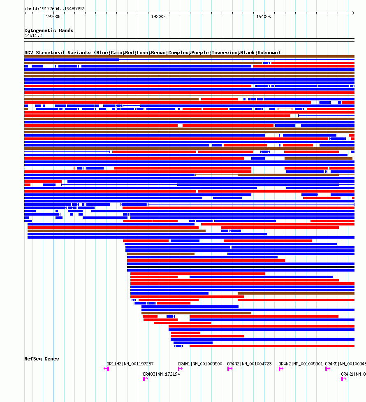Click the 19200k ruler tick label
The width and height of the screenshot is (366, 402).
click(x=53, y=16)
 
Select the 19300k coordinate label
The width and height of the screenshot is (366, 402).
click(x=158, y=16)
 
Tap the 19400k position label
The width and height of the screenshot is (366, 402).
click(x=264, y=16)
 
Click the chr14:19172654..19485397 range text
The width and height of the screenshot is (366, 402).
click(x=54, y=9)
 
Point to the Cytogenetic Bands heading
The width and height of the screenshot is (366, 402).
click(x=49, y=30)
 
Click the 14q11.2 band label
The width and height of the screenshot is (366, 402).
click(x=33, y=35)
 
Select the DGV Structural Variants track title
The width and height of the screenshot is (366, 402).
click(x=152, y=53)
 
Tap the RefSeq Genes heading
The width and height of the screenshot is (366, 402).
click(x=42, y=359)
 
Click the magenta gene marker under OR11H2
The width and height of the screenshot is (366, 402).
click(x=108, y=369)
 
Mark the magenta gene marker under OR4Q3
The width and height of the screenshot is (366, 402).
click(x=145, y=379)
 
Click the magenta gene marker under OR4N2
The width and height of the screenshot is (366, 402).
click(x=229, y=369)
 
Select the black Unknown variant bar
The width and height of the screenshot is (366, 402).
click(x=241, y=267)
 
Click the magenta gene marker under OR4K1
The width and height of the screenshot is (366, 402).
click(x=343, y=379)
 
